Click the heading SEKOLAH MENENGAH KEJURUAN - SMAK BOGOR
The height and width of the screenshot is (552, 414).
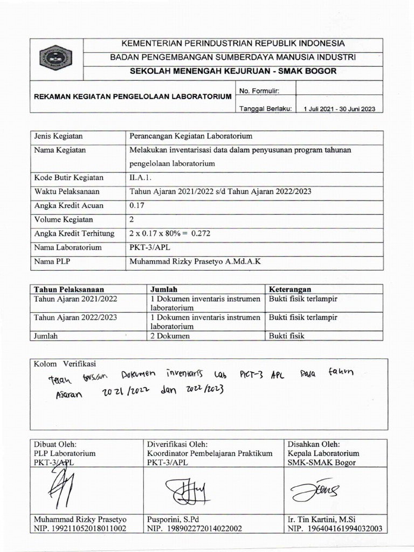click(232, 71)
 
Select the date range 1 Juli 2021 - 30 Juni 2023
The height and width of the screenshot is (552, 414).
click(340, 108)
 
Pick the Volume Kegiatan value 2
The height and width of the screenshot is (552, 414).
click(132, 219)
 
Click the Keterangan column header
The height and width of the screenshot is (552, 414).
click(290, 289)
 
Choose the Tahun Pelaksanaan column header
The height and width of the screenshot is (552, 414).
click(69, 289)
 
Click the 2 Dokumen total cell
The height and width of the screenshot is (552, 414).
click(170, 335)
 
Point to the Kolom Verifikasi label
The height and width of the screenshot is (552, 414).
click(65, 364)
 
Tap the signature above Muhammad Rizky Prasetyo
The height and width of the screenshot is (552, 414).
click(59, 485)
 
